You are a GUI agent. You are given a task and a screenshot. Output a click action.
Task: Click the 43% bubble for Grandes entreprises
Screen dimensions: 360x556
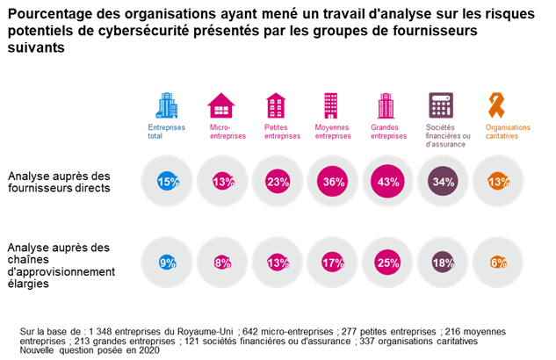386,182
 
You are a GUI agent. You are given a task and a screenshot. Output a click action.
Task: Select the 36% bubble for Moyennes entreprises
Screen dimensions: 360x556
332,182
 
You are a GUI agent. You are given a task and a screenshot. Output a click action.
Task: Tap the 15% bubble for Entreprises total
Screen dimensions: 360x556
167,182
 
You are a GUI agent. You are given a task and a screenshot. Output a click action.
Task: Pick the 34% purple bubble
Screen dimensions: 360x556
443,182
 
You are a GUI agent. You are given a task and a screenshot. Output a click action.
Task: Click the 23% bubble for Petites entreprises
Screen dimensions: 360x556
278,182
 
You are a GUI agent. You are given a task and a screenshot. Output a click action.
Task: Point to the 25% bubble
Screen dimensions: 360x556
386,261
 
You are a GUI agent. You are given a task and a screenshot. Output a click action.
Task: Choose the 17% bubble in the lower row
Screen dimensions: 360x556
332,261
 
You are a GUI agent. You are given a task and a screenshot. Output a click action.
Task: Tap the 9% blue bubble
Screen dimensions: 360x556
167,261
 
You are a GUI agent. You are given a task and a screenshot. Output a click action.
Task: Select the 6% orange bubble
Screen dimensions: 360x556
498,261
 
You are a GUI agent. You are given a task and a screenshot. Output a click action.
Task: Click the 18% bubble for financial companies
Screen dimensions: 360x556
443,261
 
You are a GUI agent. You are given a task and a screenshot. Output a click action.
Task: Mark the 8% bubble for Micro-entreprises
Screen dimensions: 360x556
222,261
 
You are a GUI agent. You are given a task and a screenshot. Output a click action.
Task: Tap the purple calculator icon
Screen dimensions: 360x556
441,106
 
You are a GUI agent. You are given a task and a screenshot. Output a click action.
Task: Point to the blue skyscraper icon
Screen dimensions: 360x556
166,105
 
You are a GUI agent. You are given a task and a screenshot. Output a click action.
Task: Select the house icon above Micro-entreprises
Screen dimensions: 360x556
221,106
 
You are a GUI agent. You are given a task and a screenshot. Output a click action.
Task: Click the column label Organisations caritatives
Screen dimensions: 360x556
502,132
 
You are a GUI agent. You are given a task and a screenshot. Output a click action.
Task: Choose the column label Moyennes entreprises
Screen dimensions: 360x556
332,132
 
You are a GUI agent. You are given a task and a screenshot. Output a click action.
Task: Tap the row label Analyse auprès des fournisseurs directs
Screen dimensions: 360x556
59,182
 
